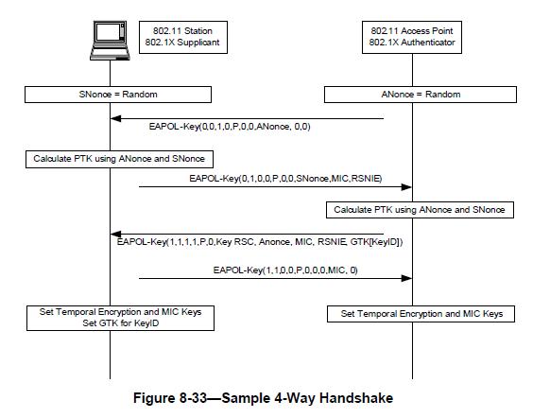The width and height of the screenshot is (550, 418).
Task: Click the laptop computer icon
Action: pyautogui.click(x=110, y=41)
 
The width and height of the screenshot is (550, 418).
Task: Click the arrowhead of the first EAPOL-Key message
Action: pyautogui.click(x=115, y=118)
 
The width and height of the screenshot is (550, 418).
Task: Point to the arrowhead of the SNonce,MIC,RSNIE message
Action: pyautogui.click(x=406, y=187)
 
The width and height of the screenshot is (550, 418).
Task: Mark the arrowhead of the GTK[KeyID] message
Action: pyautogui.click(x=115, y=235)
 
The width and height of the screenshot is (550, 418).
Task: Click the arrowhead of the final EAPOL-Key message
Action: pyautogui.click(x=406, y=278)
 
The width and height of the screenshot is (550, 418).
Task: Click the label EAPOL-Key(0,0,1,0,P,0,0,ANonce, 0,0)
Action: pyautogui.click(x=230, y=127)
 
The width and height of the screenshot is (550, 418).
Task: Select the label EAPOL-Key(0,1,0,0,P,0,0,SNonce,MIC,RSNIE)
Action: pyautogui.click(x=285, y=179)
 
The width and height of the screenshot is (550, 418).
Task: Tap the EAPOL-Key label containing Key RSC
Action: pyautogui.click(x=260, y=242)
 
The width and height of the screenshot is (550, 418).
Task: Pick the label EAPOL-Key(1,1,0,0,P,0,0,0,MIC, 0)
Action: pyautogui.click(x=285, y=270)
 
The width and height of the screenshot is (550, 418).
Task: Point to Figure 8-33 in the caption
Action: pyautogui.click(x=170, y=398)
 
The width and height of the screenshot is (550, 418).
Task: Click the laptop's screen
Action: pyautogui.click(x=108, y=32)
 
